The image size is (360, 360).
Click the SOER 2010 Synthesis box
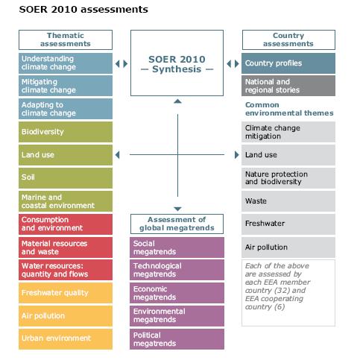click(x=177, y=63)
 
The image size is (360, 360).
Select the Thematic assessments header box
click(x=66, y=40)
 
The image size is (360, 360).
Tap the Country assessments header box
click(x=288, y=40)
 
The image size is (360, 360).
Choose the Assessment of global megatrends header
click(x=177, y=224)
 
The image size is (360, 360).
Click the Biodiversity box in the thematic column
click(x=66, y=132)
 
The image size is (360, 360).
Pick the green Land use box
click(x=66, y=155)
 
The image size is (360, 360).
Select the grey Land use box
click(x=288, y=155)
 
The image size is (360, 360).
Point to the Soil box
click(x=66, y=178)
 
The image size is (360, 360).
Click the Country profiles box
click(x=288, y=63)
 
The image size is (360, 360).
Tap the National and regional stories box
click(x=288, y=86)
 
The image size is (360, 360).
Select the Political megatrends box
click(x=177, y=339)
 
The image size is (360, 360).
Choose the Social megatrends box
click(x=177, y=247)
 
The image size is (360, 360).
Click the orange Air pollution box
click(x=66, y=316)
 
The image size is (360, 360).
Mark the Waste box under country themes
click(x=288, y=201)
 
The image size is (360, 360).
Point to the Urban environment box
click(x=66, y=339)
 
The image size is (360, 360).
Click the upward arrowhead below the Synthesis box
click(x=177, y=101)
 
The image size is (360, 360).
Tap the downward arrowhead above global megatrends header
click(x=177, y=209)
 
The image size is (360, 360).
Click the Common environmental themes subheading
click(x=289, y=109)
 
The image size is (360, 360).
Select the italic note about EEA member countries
click(x=277, y=286)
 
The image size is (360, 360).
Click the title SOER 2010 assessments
click(x=83, y=10)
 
